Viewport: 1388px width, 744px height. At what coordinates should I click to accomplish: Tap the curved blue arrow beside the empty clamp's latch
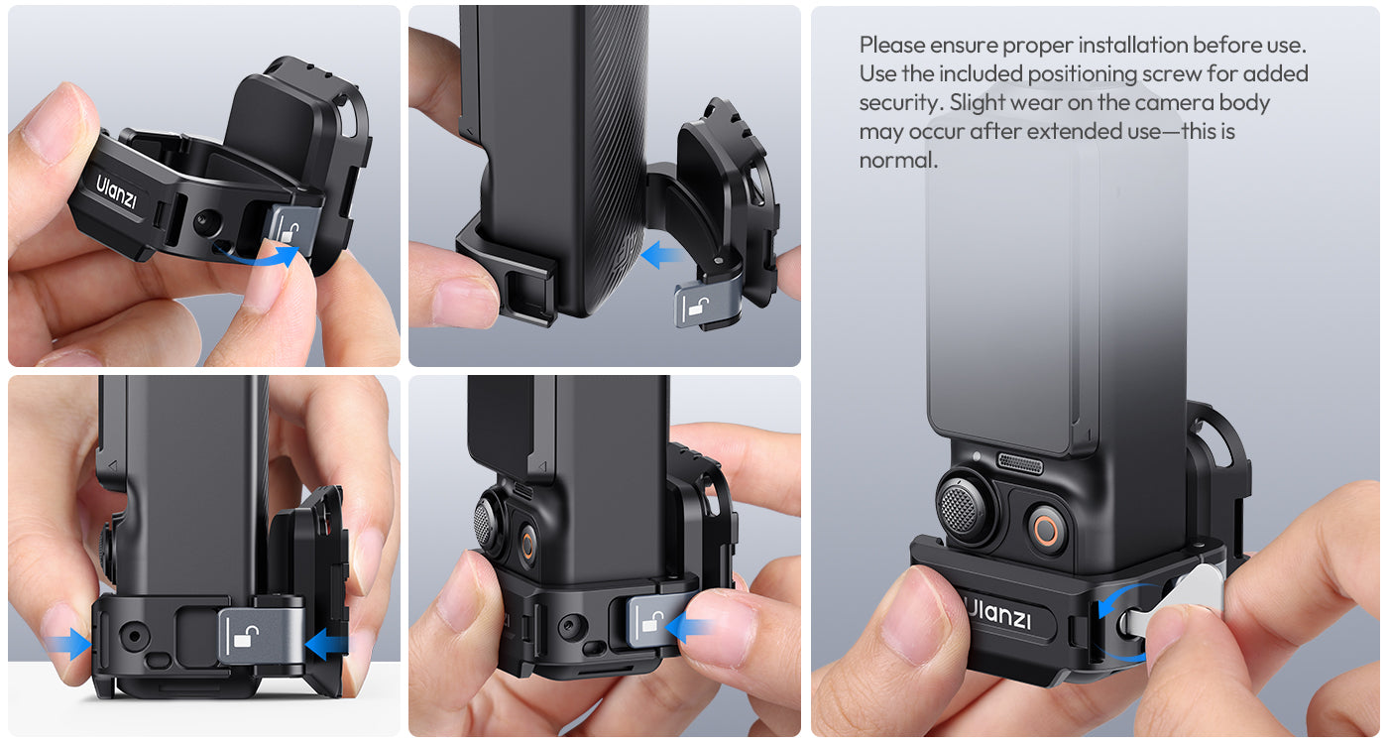(258, 257)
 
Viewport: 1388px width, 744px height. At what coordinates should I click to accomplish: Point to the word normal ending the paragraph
(898, 160)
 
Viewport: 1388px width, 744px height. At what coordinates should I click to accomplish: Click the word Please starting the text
(891, 45)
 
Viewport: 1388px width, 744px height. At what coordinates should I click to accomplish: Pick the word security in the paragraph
(901, 103)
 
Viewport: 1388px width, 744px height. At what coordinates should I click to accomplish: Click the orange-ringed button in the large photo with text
(1046, 530)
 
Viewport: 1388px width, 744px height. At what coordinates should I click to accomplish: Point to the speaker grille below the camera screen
(1019, 462)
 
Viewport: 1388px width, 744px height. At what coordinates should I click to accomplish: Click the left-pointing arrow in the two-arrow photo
(326, 644)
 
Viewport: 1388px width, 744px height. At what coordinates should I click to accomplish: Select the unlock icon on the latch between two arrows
(242, 637)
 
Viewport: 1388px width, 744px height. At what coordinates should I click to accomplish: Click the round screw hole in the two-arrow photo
(134, 635)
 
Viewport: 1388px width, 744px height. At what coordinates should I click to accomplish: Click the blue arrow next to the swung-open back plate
(662, 254)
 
